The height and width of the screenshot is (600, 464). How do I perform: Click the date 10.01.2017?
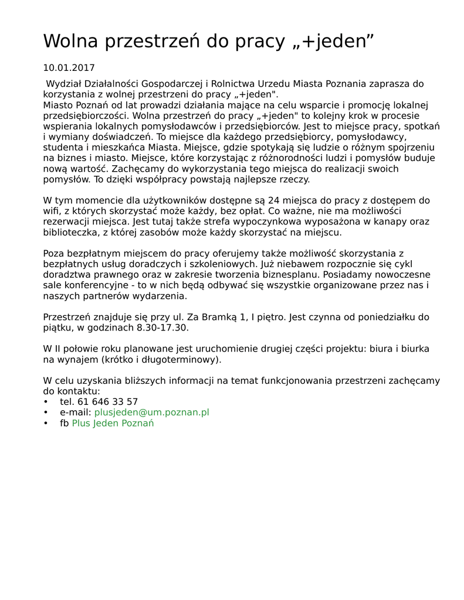point(69,68)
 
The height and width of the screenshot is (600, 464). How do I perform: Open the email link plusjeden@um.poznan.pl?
point(151,412)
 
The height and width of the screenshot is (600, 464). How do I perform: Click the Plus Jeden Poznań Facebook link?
point(113,423)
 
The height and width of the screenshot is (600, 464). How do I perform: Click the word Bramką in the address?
point(215,317)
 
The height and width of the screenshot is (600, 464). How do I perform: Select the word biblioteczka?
point(69,232)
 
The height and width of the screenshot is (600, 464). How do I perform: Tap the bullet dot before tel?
point(46,402)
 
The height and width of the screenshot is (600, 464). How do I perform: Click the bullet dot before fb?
point(46,423)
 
